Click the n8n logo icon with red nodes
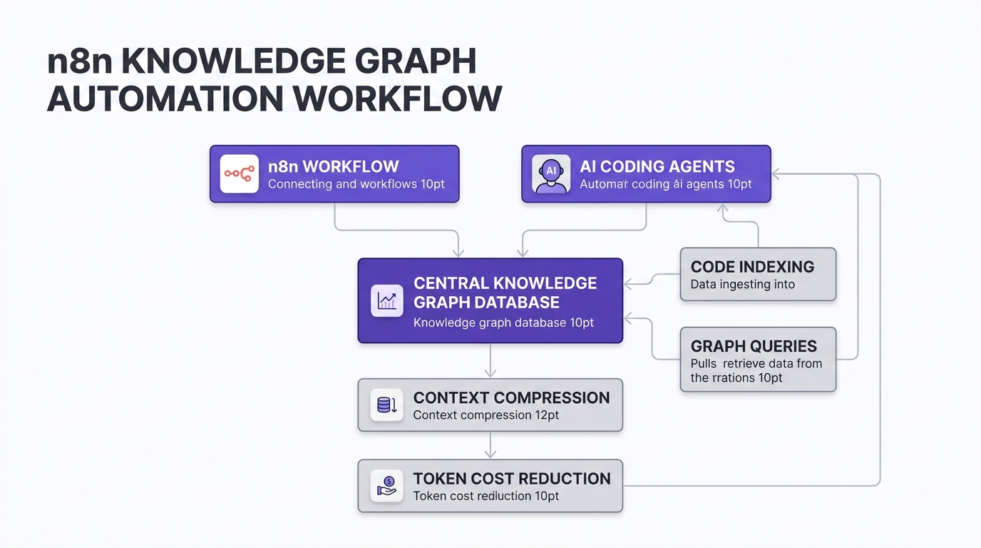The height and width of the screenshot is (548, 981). click(x=239, y=173)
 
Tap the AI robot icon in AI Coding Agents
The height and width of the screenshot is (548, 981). click(x=551, y=174)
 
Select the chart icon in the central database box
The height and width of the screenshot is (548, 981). click(x=387, y=300)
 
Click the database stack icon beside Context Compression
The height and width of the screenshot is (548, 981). click(x=387, y=405)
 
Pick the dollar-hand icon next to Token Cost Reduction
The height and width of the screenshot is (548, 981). click(x=387, y=486)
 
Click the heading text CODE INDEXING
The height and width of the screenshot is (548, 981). click(x=752, y=267)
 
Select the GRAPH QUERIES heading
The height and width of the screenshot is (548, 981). click(x=754, y=346)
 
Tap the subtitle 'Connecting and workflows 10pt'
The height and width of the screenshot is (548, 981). click(x=356, y=184)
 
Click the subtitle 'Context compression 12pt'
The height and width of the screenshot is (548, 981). click(x=486, y=415)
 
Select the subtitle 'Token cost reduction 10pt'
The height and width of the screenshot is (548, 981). click(x=486, y=496)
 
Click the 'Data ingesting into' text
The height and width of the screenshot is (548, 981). click(x=742, y=285)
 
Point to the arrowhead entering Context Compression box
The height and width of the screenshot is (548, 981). click(x=490, y=373)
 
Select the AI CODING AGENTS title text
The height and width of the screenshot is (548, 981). click(x=657, y=167)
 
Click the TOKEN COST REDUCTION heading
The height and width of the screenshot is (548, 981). click(x=512, y=479)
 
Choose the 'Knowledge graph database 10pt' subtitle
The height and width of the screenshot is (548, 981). click(x=503, y=323)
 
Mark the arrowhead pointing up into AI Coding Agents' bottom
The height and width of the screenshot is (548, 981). click(x=722, y=209)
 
